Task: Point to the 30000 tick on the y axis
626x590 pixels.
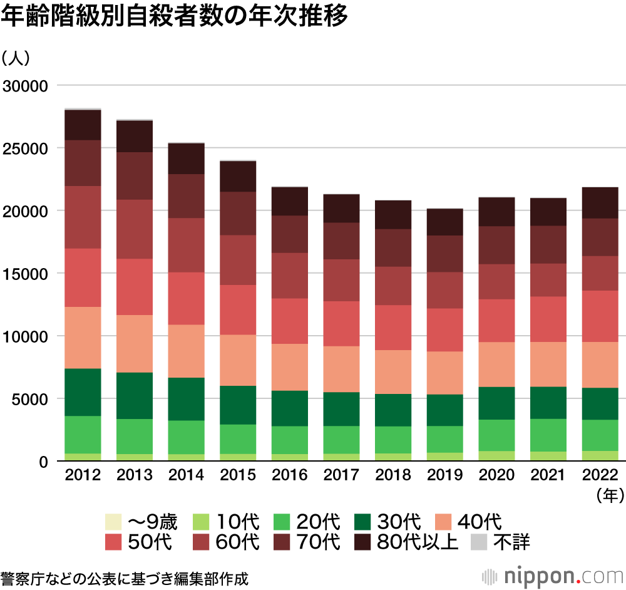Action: pos(26,86)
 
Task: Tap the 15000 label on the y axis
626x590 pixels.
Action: pos(26,274)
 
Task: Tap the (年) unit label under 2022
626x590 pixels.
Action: pos(610,495)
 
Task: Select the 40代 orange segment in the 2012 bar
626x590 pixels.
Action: pos(83,337)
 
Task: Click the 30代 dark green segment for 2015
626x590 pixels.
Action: pos(237,405)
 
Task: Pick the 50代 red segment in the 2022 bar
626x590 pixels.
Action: pos(599,316)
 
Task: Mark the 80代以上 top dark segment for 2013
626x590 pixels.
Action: pos(135,136)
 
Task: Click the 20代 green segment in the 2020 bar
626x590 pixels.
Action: pos(496,435)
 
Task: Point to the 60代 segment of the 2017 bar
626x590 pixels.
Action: pos(341,280)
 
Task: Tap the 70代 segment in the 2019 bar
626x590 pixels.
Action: pos(444,254)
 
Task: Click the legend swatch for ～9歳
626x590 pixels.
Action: pos(113,521)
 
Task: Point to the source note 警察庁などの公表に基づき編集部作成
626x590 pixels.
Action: pos(125,577)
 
